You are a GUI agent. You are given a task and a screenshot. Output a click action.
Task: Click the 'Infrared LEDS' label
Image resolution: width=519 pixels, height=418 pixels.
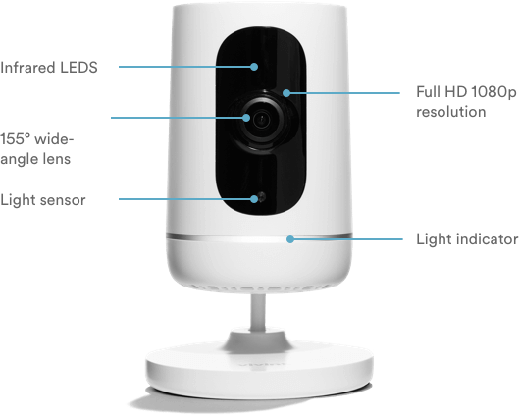click(49, 68)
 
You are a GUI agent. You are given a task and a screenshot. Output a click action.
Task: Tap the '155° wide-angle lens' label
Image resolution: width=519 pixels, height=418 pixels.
click(36, 149)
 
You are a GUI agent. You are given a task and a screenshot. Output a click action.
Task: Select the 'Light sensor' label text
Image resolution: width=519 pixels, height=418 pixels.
click(43, 200)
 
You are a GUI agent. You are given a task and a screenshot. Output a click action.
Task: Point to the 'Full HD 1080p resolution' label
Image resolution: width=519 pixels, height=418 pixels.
click(466, 102)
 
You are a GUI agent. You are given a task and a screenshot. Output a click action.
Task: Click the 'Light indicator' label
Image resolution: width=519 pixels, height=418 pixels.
click(467, 239)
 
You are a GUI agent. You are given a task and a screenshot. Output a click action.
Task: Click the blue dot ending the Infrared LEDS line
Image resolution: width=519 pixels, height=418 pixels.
click(254, 67)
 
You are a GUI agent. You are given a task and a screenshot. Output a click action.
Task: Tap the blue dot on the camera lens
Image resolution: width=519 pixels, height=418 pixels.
click(246, 118)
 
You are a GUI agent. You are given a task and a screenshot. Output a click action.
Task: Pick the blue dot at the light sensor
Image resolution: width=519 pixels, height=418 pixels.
click(254, 199)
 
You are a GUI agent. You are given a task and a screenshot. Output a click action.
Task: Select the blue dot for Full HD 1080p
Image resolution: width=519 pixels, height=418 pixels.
click(286, 93)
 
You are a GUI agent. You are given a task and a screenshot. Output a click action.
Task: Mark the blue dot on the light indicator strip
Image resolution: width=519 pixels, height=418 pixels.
click(290, 239)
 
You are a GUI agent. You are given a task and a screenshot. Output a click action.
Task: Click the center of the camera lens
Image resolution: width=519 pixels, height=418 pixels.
click(262, 119)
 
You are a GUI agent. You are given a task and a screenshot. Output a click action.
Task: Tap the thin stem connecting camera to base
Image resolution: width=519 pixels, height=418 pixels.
click(257, 313)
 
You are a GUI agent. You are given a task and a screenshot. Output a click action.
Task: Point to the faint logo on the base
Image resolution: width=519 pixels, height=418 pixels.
click(262, 365)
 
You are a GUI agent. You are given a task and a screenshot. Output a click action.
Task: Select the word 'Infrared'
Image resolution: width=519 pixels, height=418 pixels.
click(27, 68)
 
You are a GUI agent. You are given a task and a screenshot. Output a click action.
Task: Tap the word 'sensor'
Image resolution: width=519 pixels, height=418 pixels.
click(62, 200)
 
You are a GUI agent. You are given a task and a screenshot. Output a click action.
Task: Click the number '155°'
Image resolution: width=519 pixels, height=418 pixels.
click(16, 139)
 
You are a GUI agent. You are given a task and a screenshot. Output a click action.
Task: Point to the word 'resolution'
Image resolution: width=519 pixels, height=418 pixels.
click(451, 112)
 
